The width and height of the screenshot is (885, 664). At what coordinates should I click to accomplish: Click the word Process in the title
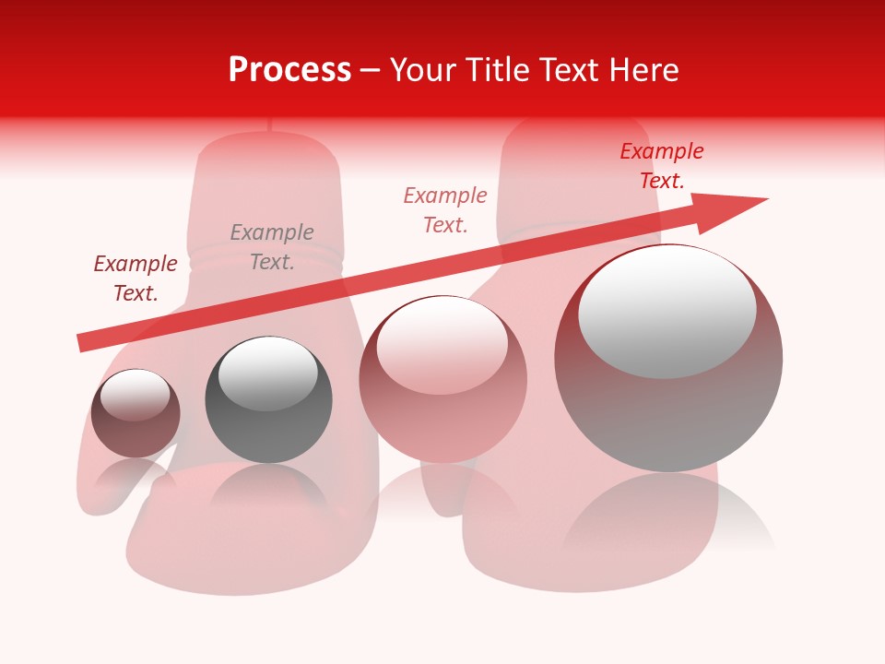point(289,70)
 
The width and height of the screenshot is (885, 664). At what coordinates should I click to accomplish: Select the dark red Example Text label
point(136,278)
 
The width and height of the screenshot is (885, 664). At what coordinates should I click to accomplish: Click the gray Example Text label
point(272,246)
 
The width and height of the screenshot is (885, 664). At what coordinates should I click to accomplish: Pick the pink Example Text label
point(445,209)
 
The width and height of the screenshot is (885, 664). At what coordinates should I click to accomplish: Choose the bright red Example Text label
point(662,165)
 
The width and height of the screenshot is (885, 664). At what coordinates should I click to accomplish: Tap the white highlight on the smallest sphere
point(135,395)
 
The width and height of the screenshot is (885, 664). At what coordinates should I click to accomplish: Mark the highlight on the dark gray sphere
point(268,373)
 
